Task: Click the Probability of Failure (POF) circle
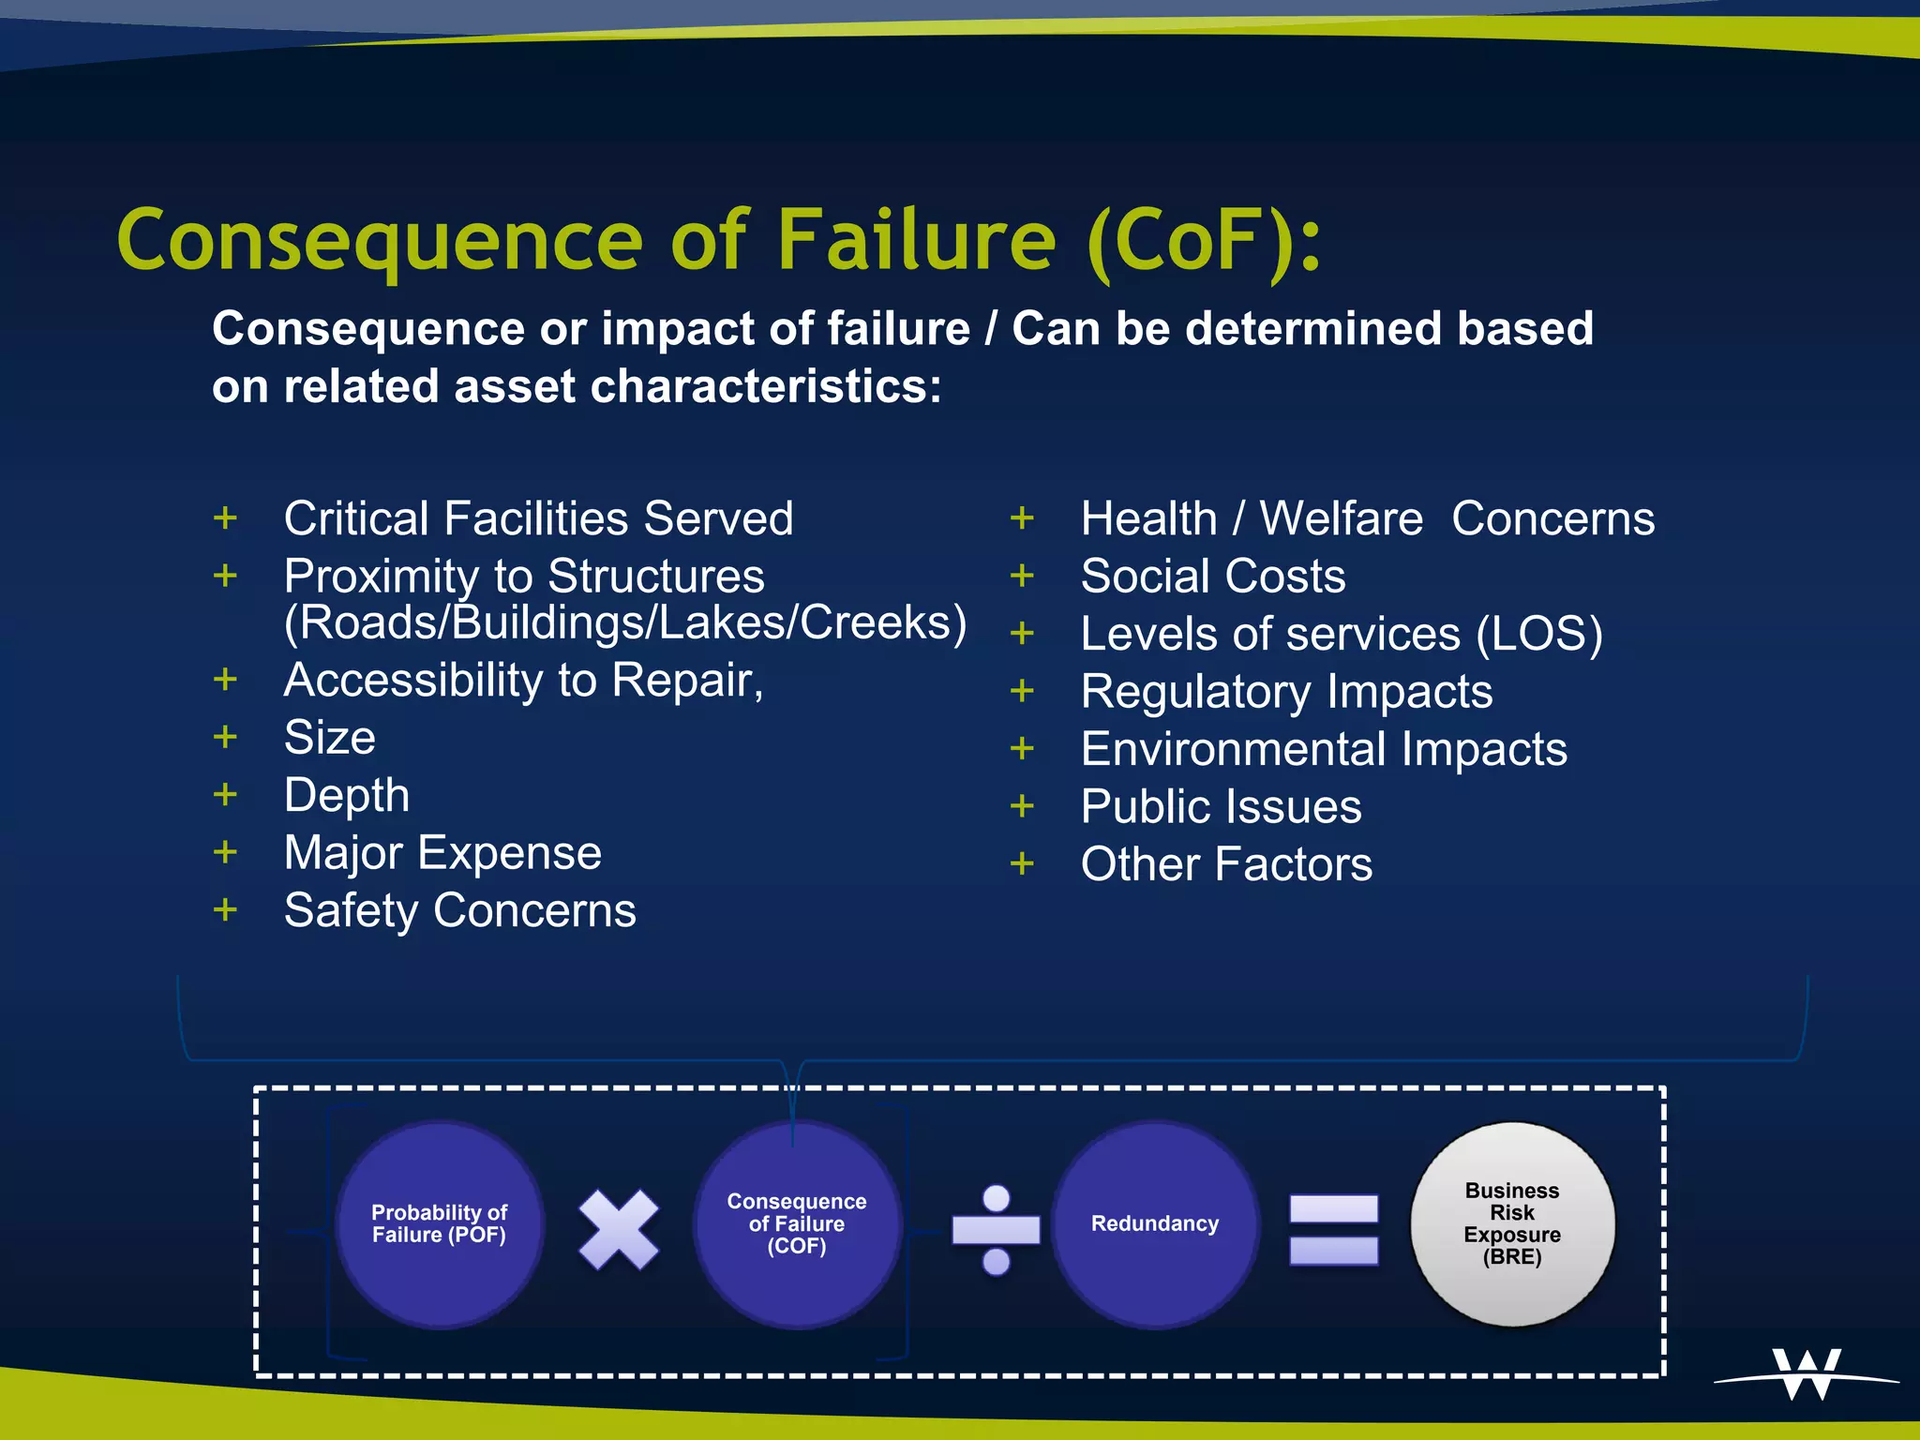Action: pyautogui.click(x=439, y=1223)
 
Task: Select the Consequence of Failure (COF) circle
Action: pyautogui.click(x=797, y=1223)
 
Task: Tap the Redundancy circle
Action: pyautogui.click(x=1155, y=1223)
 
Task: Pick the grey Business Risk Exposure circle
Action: pyautogui.click(x=1512, y=1223)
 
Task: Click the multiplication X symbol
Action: pyautogui.click(x=618, y=1229)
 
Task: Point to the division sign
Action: pyautogui.click(x=996, y=1229)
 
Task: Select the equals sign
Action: pyautogui.click(x=1333, y=1229)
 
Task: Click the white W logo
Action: pyautogui.click(x=1807, y=1374)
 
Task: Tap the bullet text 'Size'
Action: pyautogui.click(x=330, y=738)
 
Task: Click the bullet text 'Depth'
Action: pyautogui.click(x=347, y=796)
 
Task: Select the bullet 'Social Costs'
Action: pyautogui.click(x=1212, y=576)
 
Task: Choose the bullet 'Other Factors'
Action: pyautogui.click(x=1225, y=864)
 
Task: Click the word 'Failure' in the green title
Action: pyautogui.click(x=916, y=240)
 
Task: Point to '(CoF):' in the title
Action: pyautogui.click(x=1205, y=242)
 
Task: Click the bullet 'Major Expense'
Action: pyautogui.click(x=442, y=853)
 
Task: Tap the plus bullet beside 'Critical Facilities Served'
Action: pyautogui.click(x=225, y=517)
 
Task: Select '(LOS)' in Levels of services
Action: pyautogui.click(x=1538, y=634)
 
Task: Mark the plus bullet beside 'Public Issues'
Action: pyautogui.click(x=1022, y=806)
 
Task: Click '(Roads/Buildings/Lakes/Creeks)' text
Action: pyautogui.click(x=625, y=622)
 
